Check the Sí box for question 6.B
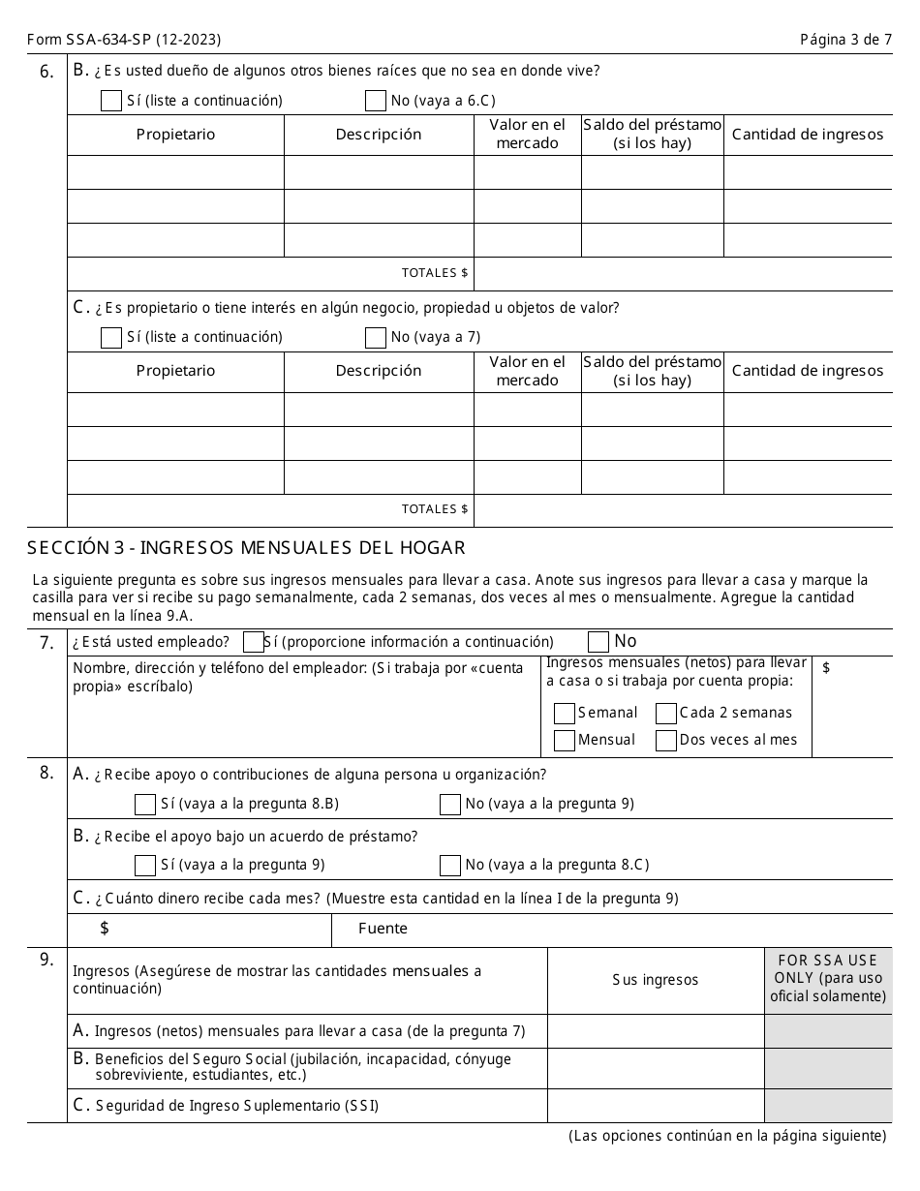(111, 101)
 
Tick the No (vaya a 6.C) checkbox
(376, 101)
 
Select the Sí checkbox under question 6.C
(111, 337)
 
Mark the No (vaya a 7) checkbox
(376, 337)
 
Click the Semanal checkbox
(565, 714)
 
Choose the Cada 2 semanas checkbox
(666, 714)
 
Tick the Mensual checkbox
(565, 741)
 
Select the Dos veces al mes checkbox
(666, 741)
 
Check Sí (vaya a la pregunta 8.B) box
(145, 804)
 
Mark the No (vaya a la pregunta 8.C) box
(450, 865)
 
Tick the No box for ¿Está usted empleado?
(598, 641)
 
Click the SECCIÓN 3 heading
(247, 548)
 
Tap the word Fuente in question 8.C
(383, 929)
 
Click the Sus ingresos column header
(655, 980)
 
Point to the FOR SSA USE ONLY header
(828, 978)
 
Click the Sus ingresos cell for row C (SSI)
(655, 1105)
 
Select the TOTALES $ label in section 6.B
(435, 273)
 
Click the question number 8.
(46, 774)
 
